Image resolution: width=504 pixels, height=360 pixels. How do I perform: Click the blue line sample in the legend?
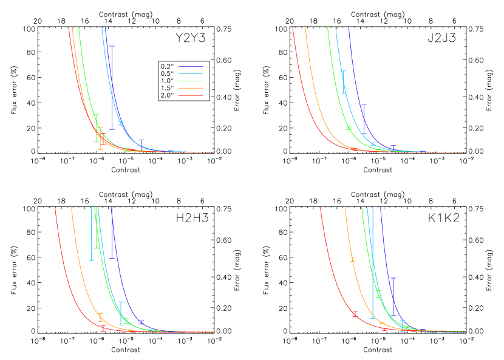coord(191,67)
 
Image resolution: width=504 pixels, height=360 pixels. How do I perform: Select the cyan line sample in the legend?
coord(191,73)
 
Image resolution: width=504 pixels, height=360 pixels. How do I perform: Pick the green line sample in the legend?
coord(191,81)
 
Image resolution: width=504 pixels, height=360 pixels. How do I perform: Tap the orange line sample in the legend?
coord(191,88)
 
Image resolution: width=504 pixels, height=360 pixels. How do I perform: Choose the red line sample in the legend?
coord(191,95)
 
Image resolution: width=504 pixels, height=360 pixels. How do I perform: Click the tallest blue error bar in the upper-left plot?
coord(112,87)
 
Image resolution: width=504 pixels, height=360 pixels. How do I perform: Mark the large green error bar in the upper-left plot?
coord(97,127)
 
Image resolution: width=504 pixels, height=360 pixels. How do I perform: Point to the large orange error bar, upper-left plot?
coord(101,138)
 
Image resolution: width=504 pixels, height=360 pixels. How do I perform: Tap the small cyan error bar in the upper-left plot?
coord(121,124)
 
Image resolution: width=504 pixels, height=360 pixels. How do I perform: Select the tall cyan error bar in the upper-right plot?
coord(344,82)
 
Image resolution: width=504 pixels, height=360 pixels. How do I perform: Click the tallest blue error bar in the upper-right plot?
coord(363,119)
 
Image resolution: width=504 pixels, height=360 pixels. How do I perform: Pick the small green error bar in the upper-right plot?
coord(349,127)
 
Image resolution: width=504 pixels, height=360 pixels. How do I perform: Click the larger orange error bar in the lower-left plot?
coord(101,318)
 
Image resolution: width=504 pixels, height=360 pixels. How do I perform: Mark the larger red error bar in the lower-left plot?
coord(103,328)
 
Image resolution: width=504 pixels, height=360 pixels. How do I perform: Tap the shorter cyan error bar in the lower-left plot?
coord(121,313)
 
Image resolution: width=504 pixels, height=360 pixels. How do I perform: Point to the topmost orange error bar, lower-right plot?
coord(352,259)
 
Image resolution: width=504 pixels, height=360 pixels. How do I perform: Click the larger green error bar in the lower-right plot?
coord(378,294)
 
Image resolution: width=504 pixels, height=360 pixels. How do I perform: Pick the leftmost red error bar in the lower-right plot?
coord(355,313)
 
